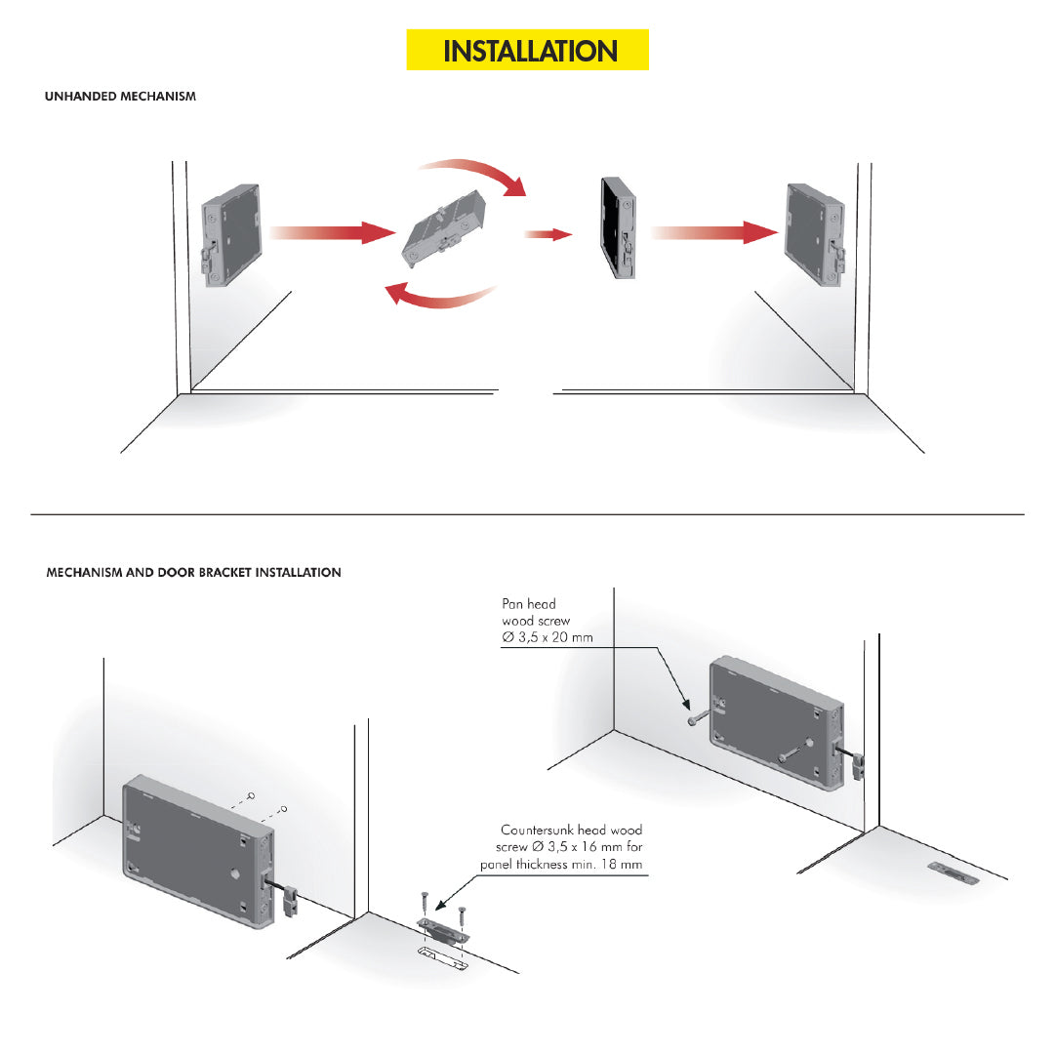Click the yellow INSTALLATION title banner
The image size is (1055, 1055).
click(527, 50)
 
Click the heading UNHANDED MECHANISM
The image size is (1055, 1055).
click(120, 97)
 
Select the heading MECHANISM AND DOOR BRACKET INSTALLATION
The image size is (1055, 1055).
click(193, 573)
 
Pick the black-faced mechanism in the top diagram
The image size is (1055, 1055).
click(619, 227)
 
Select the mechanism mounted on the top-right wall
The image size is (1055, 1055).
click(815, 233)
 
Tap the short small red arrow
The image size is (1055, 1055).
click(548, 234)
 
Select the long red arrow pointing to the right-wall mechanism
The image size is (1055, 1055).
click(711, 232)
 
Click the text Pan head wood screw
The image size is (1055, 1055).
click(536, 612)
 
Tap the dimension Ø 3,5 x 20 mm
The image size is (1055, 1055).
click(547, 637)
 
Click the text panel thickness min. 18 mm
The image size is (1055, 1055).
click(561, 865)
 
